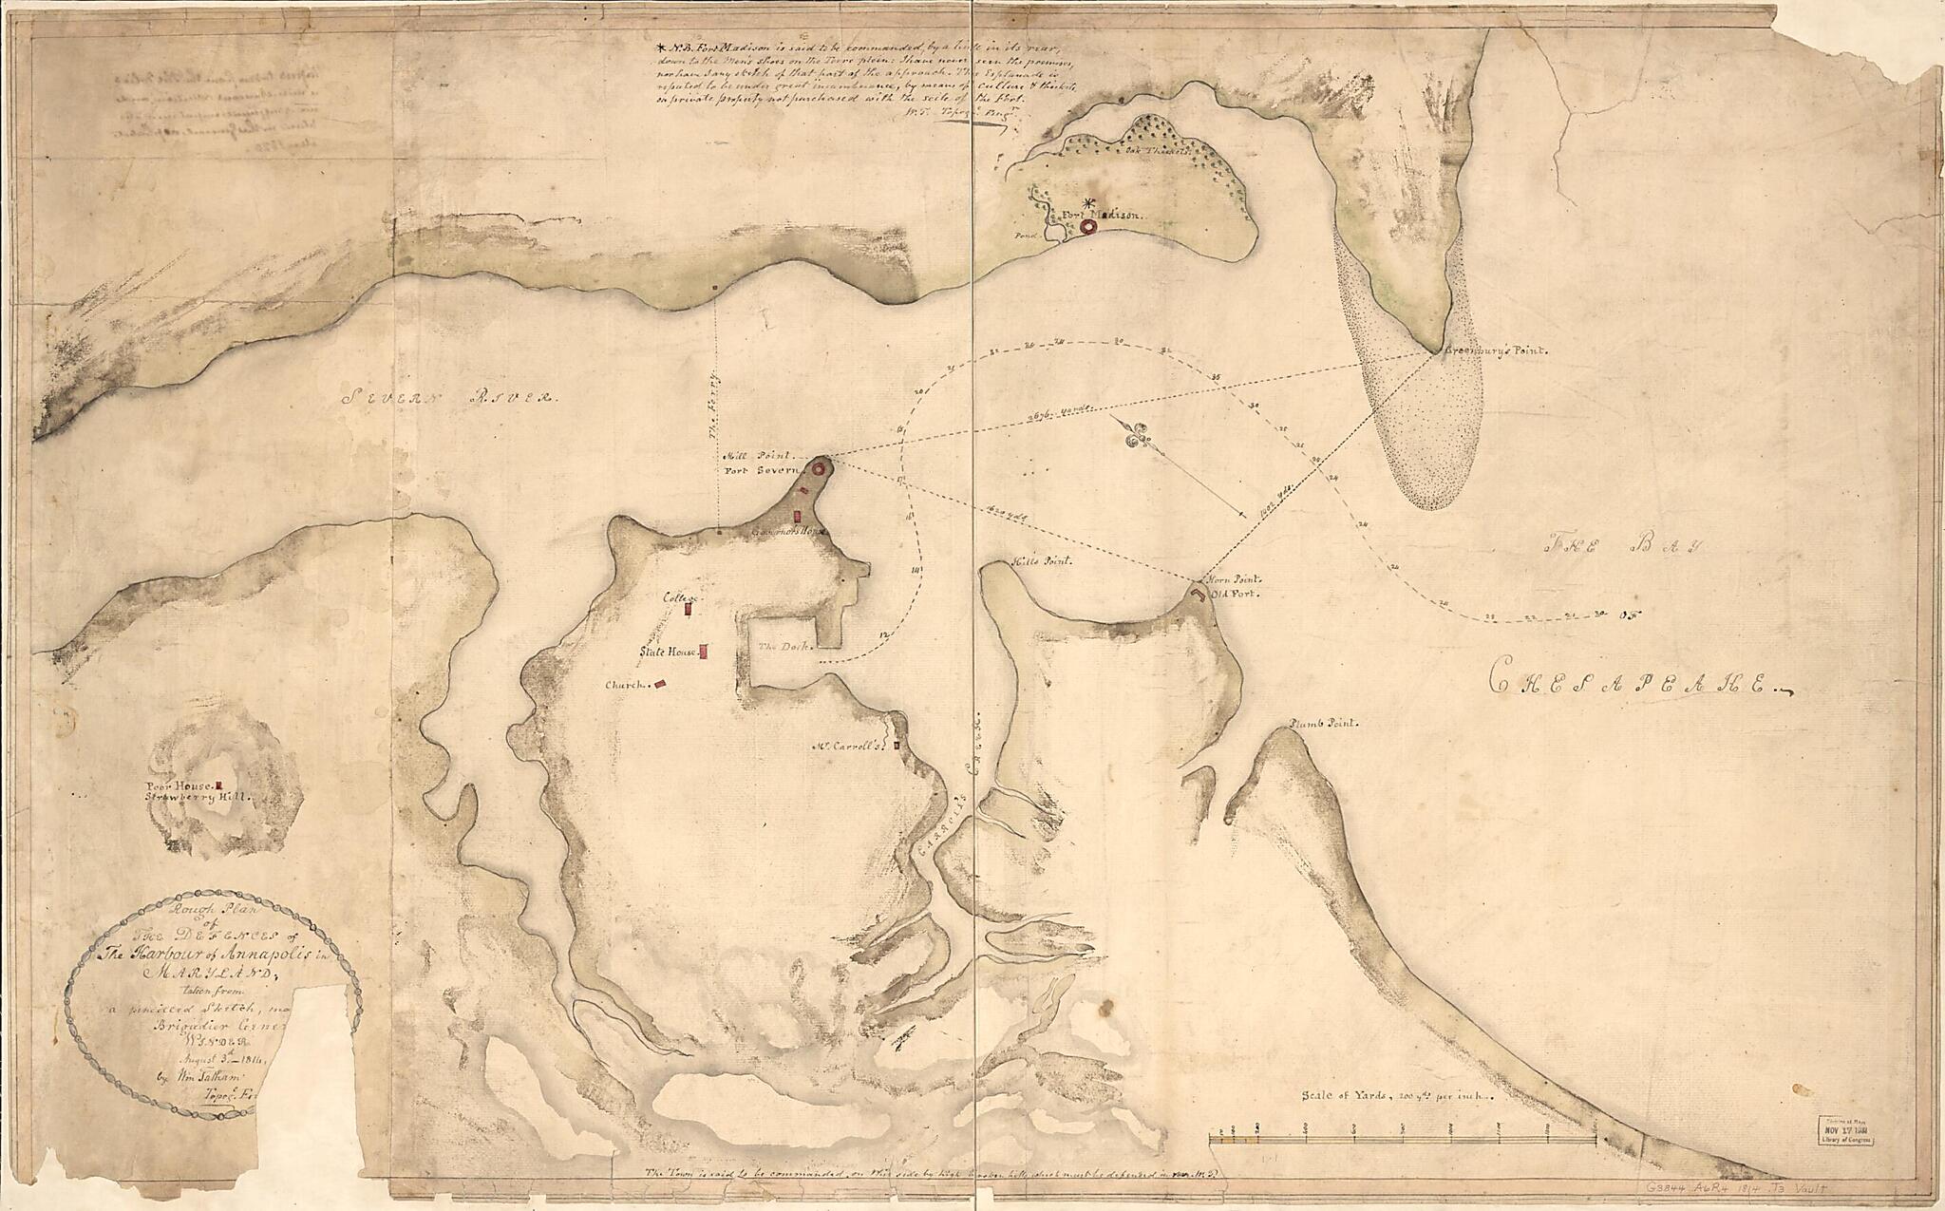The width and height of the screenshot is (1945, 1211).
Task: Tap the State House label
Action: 668,653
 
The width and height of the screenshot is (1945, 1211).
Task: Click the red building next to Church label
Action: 662,683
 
